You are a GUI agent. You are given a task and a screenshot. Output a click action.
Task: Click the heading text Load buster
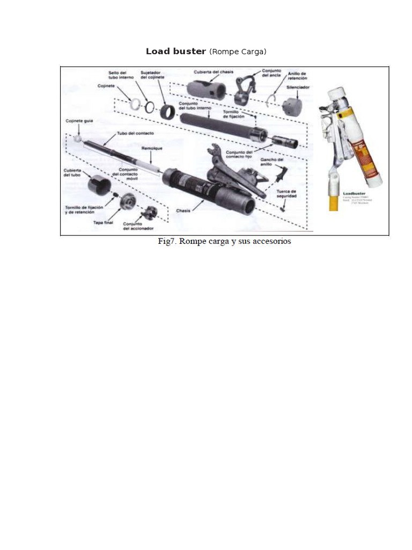click(175, 52)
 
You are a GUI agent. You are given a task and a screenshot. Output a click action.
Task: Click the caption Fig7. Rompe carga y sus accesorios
click(224, 242)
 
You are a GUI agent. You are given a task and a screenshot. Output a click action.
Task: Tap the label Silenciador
click(297, 87)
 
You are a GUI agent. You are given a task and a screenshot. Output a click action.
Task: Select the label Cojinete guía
click(79, 121)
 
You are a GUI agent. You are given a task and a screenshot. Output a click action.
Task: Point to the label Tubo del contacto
click(134, 133)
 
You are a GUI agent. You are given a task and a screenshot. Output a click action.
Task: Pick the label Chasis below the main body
click(183, 211)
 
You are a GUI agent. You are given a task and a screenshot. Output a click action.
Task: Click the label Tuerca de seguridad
click(286, 193)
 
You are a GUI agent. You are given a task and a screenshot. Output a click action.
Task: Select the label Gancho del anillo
click(272, 162)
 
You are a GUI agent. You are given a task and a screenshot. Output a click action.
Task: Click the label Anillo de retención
click(297, 75)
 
